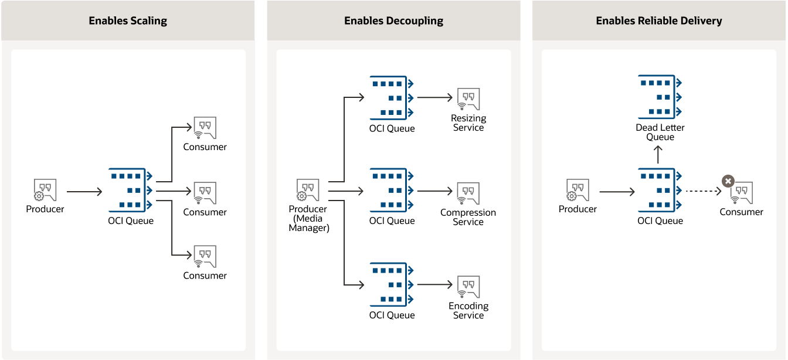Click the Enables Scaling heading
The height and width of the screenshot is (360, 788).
pyautogui.click(x=128, y=21)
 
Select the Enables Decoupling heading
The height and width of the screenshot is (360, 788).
pyautogui.click(x=393, y=21)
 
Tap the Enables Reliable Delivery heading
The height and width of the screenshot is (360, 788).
pyautogui.click(x=658, y=21)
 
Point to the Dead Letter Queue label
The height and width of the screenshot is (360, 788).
pyautogui.click(x=660, y=133)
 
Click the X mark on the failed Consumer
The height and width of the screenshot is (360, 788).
pyautogui.click(x=728, y=181)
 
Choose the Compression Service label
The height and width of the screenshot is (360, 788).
pyautogui.click(x=468, y=217)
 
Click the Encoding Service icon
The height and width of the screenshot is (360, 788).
pyautogui.click(x=468, y=287)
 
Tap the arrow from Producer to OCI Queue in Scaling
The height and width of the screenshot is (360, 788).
pyautogui.click(x=84, y=191)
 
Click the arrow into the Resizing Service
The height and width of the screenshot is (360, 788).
pyautogui.click(x=434, y=97)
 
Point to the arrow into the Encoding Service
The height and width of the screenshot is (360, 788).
pyautogui.click(x=434, y=285)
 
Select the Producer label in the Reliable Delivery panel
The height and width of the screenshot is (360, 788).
pyautogui.click(x=578, y=209)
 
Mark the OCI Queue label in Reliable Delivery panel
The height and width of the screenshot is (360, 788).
pyautogui.click(x=660, y=221)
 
